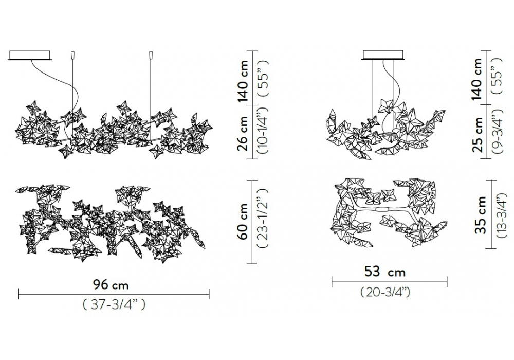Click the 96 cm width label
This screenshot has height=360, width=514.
point(111,284)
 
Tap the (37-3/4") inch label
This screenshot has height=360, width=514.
point(114,305)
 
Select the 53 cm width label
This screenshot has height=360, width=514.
point(385,272)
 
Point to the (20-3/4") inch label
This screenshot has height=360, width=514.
point(385,292)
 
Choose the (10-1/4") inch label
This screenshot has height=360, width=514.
point(263,131)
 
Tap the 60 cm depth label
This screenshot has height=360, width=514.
point(243,222)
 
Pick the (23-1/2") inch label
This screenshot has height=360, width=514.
point(263,222)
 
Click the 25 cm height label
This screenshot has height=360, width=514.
point(478,134)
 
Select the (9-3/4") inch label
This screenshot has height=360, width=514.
point(498,132)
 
